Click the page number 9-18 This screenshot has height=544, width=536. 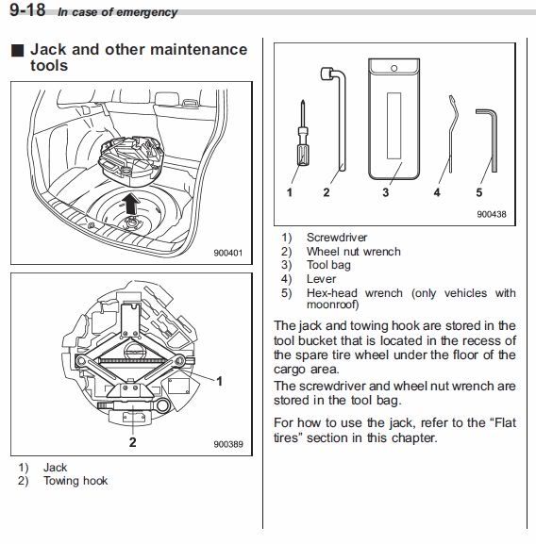27,9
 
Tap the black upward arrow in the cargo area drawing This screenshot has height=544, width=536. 131,204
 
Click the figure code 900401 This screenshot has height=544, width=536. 227,253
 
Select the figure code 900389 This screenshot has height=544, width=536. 228,444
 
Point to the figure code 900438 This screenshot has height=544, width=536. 492,214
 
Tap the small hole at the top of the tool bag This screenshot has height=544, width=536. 394,68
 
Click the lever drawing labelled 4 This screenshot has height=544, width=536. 451,134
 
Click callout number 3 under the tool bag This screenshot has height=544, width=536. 385,192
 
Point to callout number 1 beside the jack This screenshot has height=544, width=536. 219,381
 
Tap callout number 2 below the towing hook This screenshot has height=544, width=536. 133,442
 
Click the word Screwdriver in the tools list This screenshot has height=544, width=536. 337,238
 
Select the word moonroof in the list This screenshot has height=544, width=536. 331,305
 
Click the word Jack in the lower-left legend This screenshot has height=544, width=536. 55,468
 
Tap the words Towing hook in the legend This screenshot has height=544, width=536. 75,481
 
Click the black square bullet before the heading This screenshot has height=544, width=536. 17,50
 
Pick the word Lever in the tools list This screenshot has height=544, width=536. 321,279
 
